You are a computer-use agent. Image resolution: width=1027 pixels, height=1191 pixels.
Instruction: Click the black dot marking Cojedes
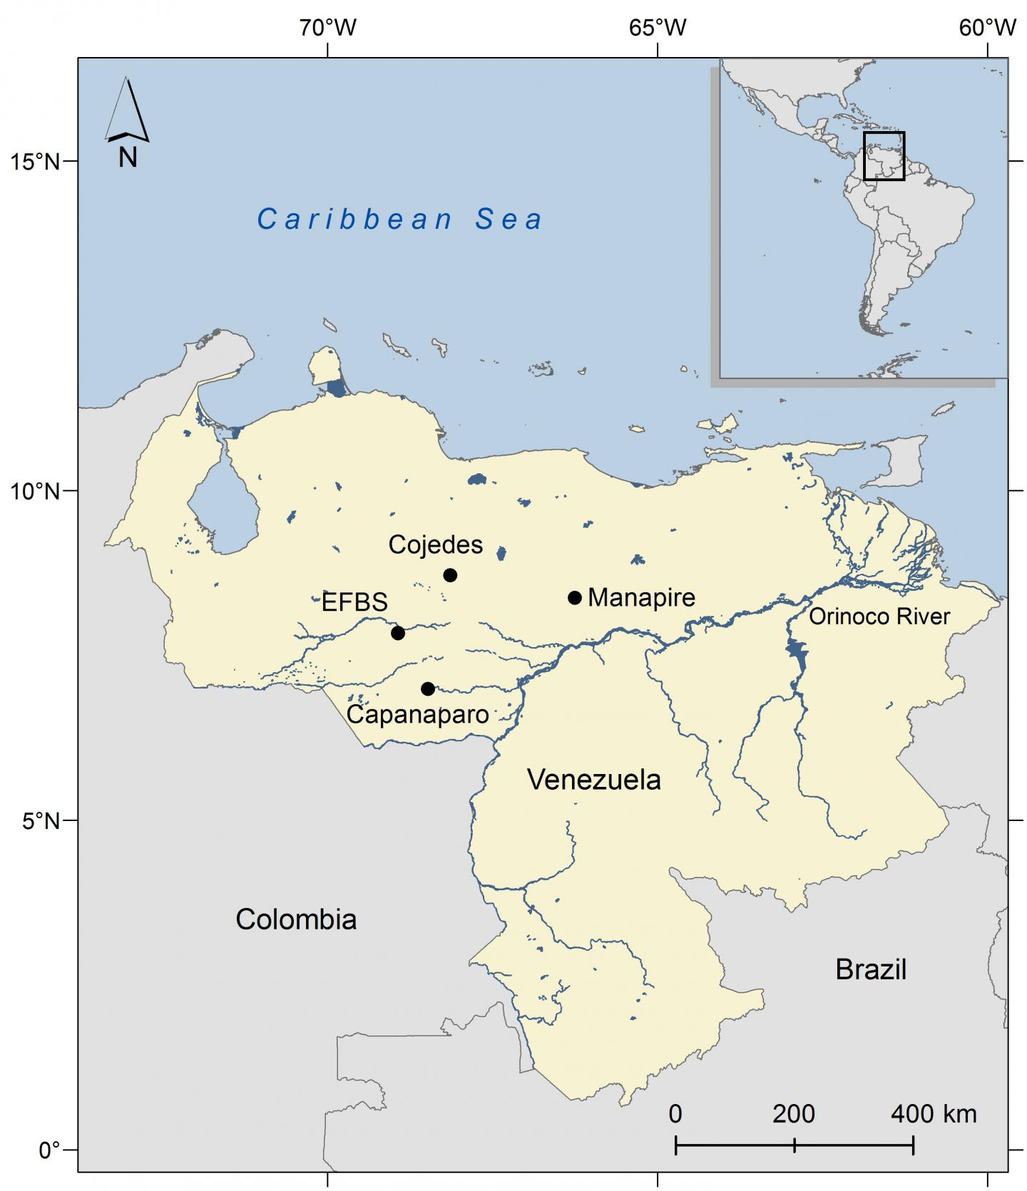click(x=450, y=575)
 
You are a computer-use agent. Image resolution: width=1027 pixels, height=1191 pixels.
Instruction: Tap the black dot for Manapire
click(x=575, y=597)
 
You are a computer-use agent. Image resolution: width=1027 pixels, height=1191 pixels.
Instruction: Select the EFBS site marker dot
click(x=398, y=633)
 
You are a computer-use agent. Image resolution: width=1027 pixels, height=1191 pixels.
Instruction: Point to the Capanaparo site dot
click(x=428, y=689)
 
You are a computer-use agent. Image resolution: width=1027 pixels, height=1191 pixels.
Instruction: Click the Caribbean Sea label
click(x=400, y=219)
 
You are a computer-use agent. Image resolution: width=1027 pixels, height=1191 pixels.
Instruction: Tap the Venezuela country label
click(x=594, y=780)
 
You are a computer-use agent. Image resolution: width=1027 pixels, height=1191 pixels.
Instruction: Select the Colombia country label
click(x=296, y=919)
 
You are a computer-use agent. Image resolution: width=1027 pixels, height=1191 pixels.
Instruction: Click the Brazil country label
click(x=871, y=969)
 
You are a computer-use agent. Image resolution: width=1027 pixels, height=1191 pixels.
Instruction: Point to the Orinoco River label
click(x=879, y=617)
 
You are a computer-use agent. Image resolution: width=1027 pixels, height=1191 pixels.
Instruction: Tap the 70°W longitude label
click(x=327, y=28)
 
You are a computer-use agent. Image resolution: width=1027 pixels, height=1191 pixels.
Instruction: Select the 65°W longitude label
click(x=658, y=28)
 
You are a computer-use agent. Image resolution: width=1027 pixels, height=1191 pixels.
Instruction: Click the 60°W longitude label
click(x=987, y=28)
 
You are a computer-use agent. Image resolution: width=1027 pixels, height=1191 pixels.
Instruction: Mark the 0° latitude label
click(x=49, y=1150)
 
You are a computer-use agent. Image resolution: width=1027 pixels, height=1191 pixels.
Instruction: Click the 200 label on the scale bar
click(x=794, y=1113)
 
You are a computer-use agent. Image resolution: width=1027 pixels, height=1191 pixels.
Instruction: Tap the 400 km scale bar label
click(x=934, y=1113)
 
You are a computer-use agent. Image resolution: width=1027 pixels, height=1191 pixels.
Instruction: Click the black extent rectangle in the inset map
click(x=884, y=156)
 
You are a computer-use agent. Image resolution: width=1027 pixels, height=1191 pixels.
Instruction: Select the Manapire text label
click(x=641, y=597)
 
